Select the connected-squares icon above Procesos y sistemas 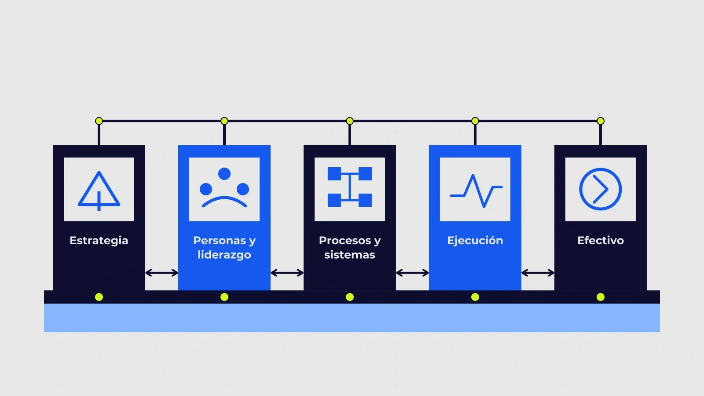click(x=350, y=187)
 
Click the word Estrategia click(x=99, y=241)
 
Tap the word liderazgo click(x=224, y=255)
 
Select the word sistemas click(x=350, y=255)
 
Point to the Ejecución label click(x=475, y=241)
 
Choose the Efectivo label click(x=601, y=240)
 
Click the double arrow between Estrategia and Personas click(x=161, y=273)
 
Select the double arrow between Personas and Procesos click(x=287, y=273)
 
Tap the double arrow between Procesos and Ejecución click(x=412, y=273)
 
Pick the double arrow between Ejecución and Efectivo click(x=538, y=273)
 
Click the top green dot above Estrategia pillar click(x=99, y=121)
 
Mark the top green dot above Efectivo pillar click(x=601, y=121)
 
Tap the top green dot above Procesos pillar click(x=350, y=121)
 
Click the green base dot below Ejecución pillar click(x=475, y=297)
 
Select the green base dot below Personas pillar click(x=224, y=297)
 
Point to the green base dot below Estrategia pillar click(x=99, y=297)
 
